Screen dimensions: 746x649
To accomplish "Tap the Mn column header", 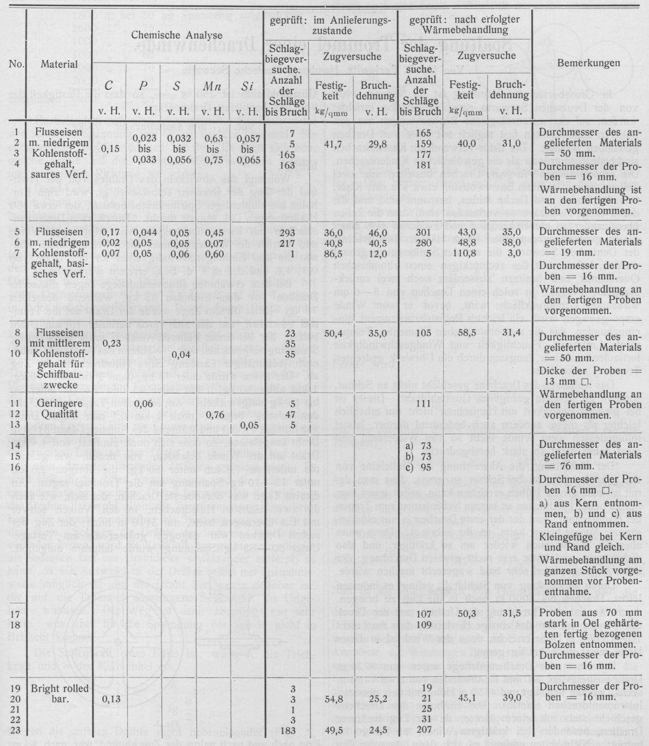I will [x=209, y=87].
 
